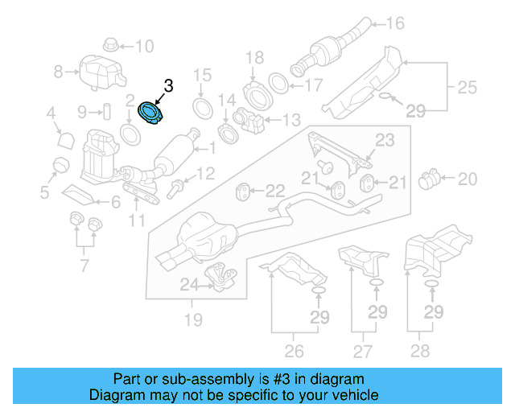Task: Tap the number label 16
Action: [395, 23]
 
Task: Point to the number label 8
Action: [58, 72]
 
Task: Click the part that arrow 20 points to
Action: [432, 176]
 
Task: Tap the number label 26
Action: [295, 351]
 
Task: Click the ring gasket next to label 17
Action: [278, 83]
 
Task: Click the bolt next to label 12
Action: [176, 190]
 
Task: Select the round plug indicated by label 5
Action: [58, 166]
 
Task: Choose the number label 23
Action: [385, 140]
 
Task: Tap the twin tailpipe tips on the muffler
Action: [171, 259]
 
